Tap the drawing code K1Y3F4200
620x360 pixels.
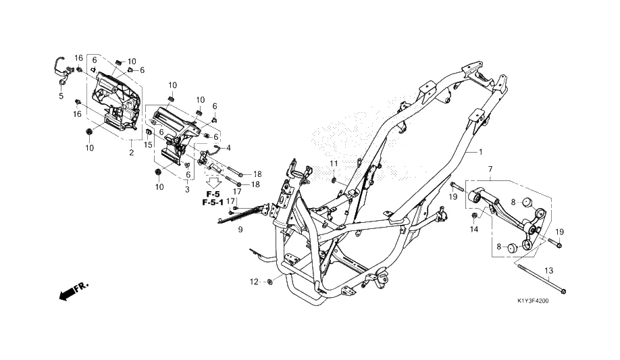point(533,301)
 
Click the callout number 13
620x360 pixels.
point(549,270)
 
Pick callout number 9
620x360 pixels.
point(240,230)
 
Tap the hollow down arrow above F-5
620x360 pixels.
point(214,181)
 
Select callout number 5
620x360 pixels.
point(61,96)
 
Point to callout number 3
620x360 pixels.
point(186,190)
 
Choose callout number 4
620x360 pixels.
point(228,148)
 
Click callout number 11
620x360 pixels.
point(333,164)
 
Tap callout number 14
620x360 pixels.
point(473,230)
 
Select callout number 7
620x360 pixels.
point(490,168)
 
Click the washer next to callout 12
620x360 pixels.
point(270,281)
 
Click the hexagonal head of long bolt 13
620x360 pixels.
point(565,292)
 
